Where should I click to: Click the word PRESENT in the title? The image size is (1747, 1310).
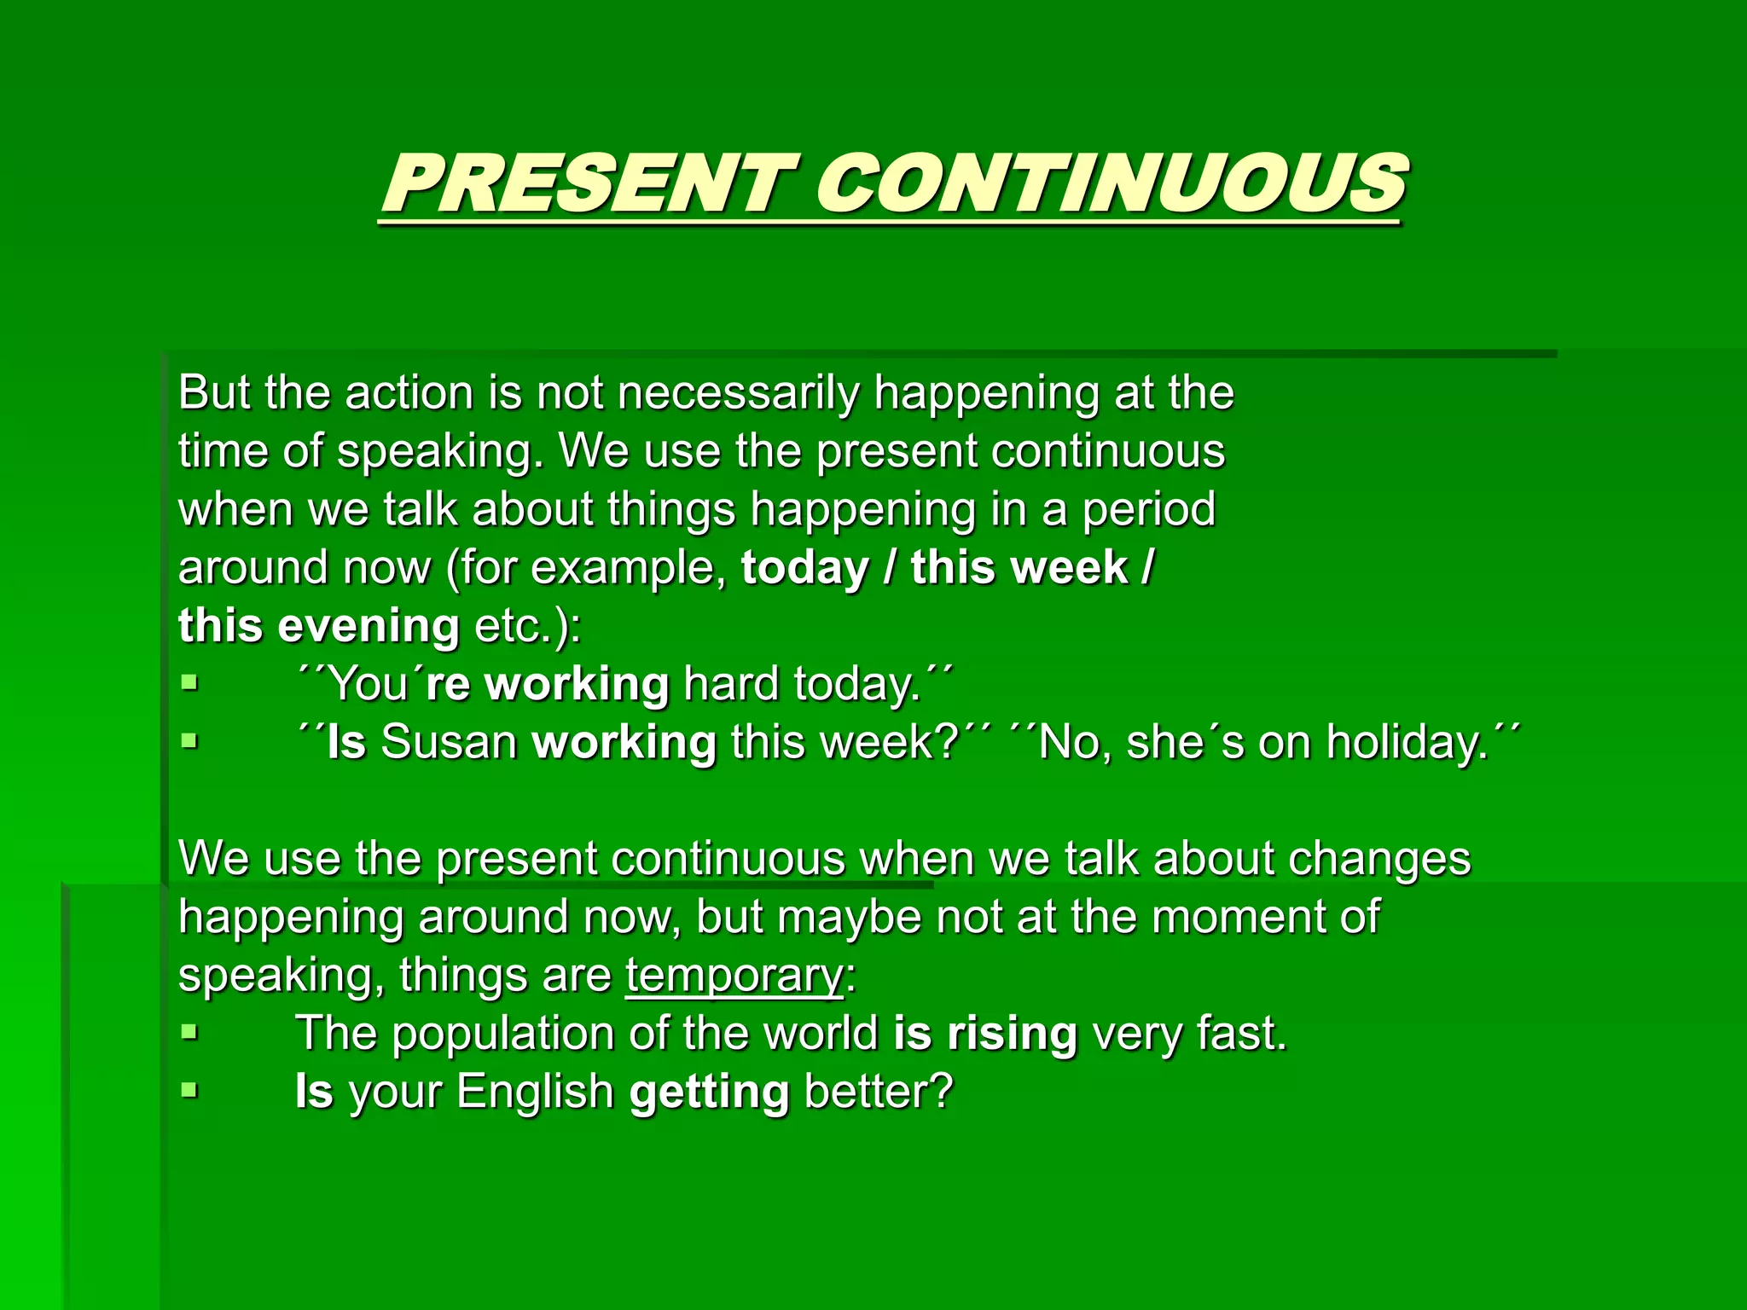pyautogui.click(x=582, y=185)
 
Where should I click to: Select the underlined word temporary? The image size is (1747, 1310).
pyautogui.click(x=734, y=975)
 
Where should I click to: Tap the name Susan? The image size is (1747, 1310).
pyautogui.click(x=449, y=742)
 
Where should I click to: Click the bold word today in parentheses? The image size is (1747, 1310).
pyautogui.click(x=804, y=568)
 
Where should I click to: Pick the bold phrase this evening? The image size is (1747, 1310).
pyautogui.click(x=319, y=626)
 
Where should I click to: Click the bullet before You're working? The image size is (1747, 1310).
pyautogui.click(x=189, y=683)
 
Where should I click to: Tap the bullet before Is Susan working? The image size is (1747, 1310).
pyautogui.click(x=189, y=741)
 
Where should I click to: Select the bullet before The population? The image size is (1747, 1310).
pyautogui.click(x=189, y=1033)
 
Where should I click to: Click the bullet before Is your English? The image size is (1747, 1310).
pyautogui.click(x=189, y=1091)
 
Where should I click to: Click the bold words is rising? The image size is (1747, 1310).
pyautogui.click(x=985, y=1034)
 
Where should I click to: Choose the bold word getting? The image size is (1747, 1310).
pyautogui.click(x=709, y=1093)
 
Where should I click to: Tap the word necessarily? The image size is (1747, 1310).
pyautogui.click(x=738, y=394)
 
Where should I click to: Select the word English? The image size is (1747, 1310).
pyautogui.click(x=535, y=1093)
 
